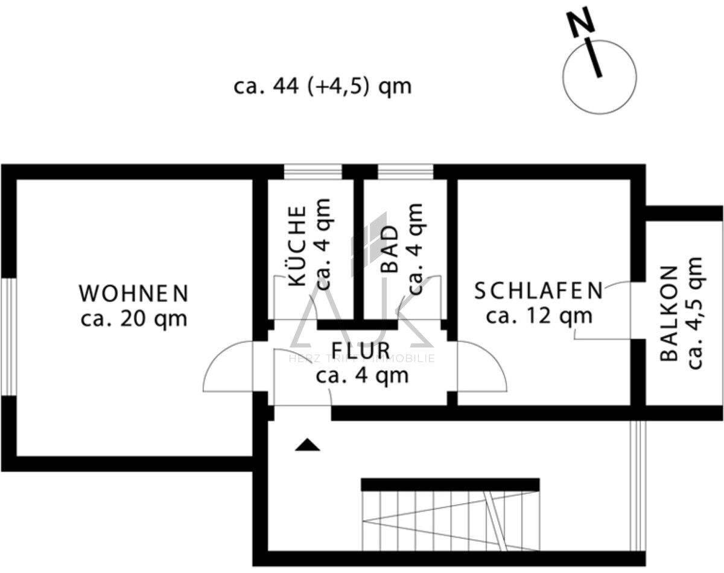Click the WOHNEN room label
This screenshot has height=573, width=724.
133,293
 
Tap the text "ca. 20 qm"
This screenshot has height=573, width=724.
133,318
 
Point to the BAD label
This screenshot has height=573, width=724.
391,250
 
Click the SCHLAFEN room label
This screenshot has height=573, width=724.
538,291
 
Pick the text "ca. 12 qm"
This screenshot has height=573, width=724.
538,315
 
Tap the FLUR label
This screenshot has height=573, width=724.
361,350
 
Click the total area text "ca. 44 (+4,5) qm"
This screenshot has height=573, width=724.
322,87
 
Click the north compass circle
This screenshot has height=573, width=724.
599,77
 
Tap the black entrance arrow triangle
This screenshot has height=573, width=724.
308,445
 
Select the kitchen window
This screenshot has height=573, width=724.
313,172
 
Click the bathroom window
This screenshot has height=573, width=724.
405,172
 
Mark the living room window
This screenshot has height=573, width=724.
8,337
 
